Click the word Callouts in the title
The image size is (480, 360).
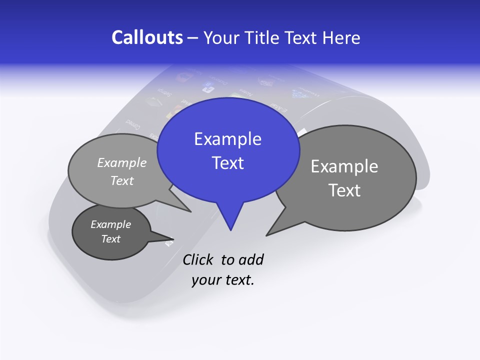pyautogui.click(x=147, y=38)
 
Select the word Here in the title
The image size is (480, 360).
pyautogui.click(x=341, y=38)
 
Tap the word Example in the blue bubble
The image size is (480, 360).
pyautogui.click(x=227, y=139)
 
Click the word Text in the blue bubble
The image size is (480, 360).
pyautogui.click(x=227, y=163)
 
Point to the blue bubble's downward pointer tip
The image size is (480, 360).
pyautogui.click(x=230, y=230)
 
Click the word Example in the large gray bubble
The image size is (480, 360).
pyautogui.click(x=344, y=166)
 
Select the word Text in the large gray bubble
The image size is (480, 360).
pyautogui.click(x=344, y=190)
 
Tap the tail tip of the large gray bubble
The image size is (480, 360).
pyautogui.click(x=266, y=235)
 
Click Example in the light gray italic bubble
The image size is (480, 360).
pyautogui.click(x=122, y=163)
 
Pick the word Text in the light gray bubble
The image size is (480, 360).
pyautogui.click(x=122, y=181)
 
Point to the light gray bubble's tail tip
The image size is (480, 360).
pyautogui.click(x=191, y=211)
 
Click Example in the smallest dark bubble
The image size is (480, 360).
pyautogui.click(x=110, y=224)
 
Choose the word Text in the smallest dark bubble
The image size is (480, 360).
pyautogui.click(x=110, y=239)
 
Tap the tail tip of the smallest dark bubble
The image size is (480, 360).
pyautogui.click(x=172, y=242)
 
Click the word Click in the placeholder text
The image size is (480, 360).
pyautogui.click(x=198, y=260)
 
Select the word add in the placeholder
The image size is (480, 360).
pyautogui.click(x=251, y=260)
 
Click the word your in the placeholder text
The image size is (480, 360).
pyautogui.click(x=205, y=280)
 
